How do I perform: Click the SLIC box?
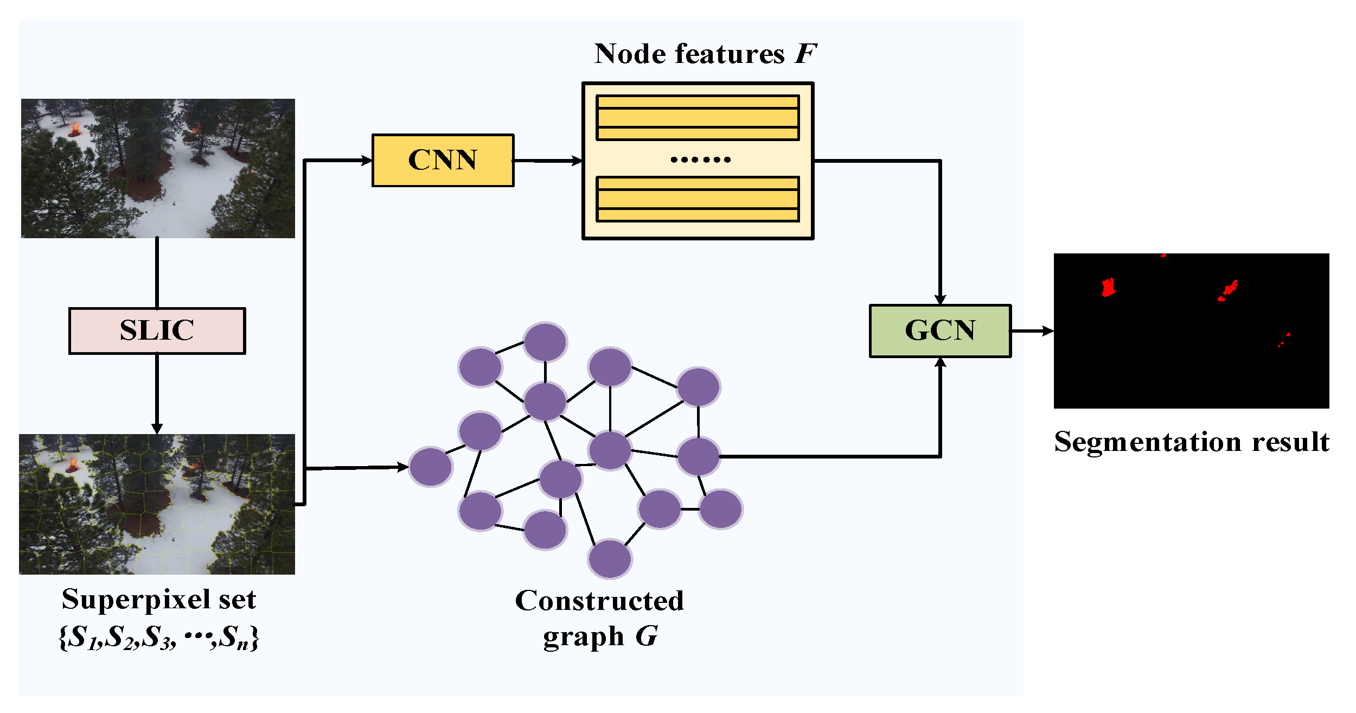157,330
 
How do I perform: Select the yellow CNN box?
443,160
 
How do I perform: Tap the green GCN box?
940,330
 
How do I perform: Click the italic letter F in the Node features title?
805,54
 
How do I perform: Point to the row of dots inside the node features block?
700,160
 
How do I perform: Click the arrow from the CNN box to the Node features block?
548,161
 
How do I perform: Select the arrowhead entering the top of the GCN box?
940,299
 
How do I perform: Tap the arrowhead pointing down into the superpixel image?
157,428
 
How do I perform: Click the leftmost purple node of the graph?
431,467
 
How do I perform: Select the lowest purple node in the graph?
610,559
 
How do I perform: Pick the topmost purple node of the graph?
545,342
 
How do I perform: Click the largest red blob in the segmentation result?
1108,288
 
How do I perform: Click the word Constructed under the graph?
599,601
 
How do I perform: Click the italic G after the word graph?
647,636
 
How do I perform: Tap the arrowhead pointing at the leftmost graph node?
402,467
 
